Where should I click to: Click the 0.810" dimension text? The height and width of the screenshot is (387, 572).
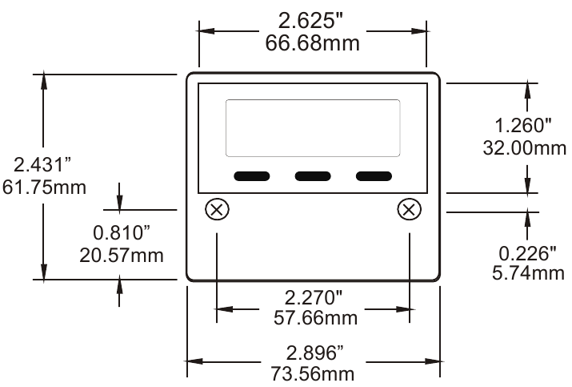coord(122,234)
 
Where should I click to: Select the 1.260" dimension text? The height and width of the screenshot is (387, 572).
coord(524,126)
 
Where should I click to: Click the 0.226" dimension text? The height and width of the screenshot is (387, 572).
coord(527,253)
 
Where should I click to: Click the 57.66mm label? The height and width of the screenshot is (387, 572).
coord(312,318)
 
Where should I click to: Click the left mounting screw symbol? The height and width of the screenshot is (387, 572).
coord(217,210)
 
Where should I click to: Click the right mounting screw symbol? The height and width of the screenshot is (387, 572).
coord(410,210)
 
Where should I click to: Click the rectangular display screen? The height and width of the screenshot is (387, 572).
coord(313,128)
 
